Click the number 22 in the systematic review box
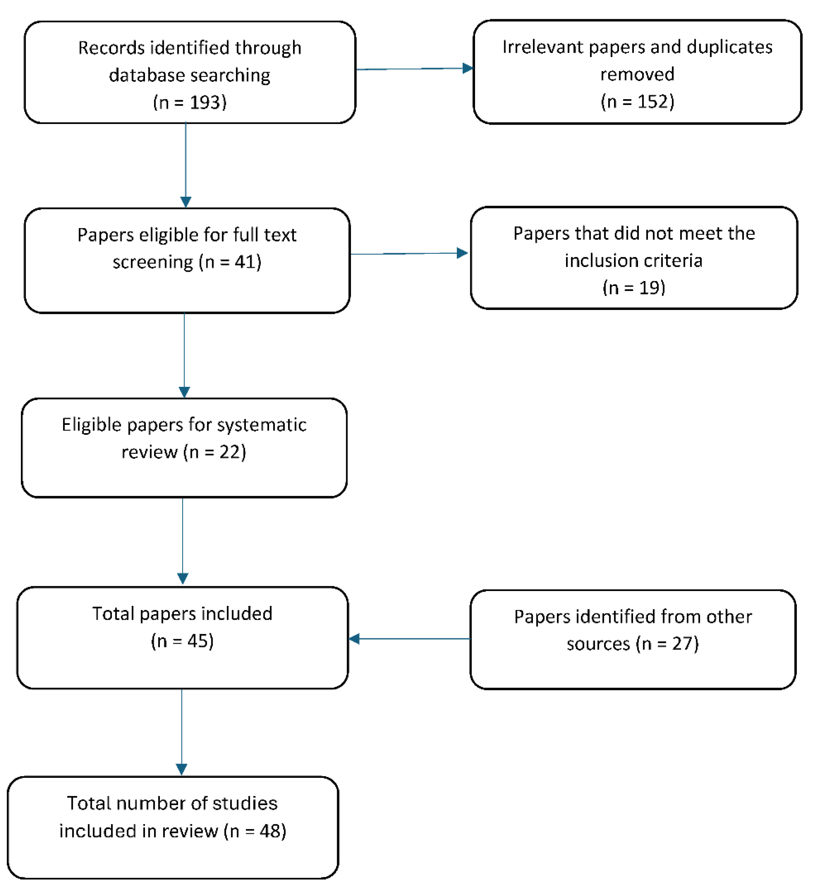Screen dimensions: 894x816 point(229,452)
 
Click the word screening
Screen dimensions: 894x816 point(153,262)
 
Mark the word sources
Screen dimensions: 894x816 point(598,644)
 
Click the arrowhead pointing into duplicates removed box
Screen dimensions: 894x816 point(468,68)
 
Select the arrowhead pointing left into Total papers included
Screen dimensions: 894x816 point(354,639)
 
